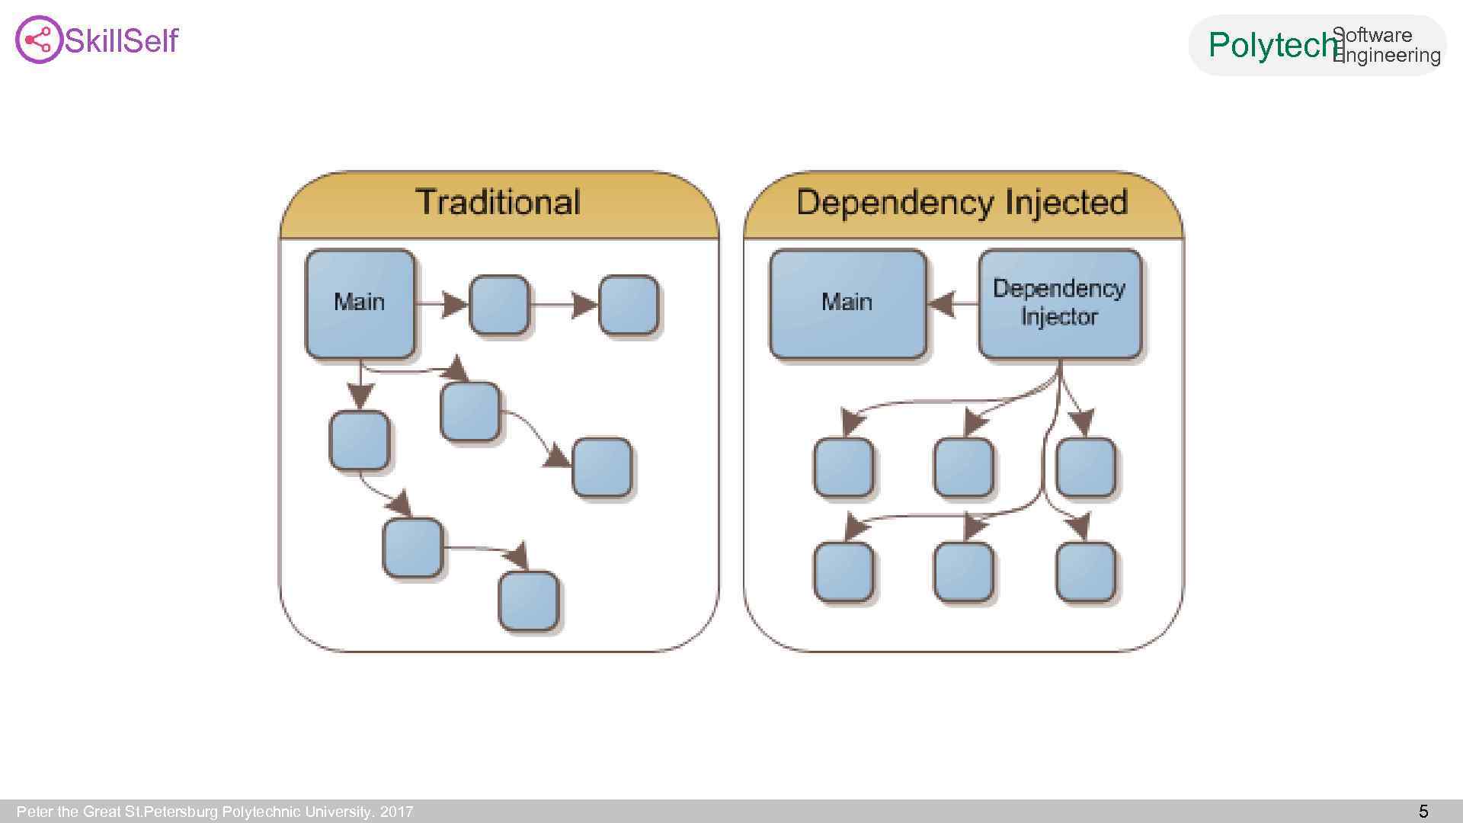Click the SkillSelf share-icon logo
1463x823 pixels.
pyautogui.click(x=38, y=40)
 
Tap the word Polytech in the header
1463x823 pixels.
pyautogui.click(x=1273, y=46)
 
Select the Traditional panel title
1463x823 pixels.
pyautogui.click(x=498, y=203)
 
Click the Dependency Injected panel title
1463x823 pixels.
pyautogui.click(x=962, y=203)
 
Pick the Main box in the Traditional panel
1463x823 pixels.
pyautogui.click(x=360, y=303)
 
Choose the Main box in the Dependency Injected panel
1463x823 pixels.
pyautogui.click(x=847, y=303)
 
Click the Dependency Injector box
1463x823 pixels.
pyautogui.click(x=1059, y=303)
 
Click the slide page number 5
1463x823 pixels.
pyautogui.click(x=1423, y=812)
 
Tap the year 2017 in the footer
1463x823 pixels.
pyautogui.click(x=396, y=812)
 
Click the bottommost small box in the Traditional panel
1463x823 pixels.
pyautogui.click(x=528, y=601)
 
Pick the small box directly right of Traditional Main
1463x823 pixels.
pyautogui.click(x=499, y=305)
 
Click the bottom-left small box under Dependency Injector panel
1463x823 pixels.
pyautogui.click(x=844, y=572)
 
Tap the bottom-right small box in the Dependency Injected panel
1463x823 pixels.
pyautogui.click(x=1085, y=572)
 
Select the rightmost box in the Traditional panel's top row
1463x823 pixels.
pyautogui.click(x=629, y=305)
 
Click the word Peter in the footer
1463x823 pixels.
pyautogui.click(x=34, y=812)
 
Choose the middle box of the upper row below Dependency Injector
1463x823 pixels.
pyautogui.click(x=963, y=467)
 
